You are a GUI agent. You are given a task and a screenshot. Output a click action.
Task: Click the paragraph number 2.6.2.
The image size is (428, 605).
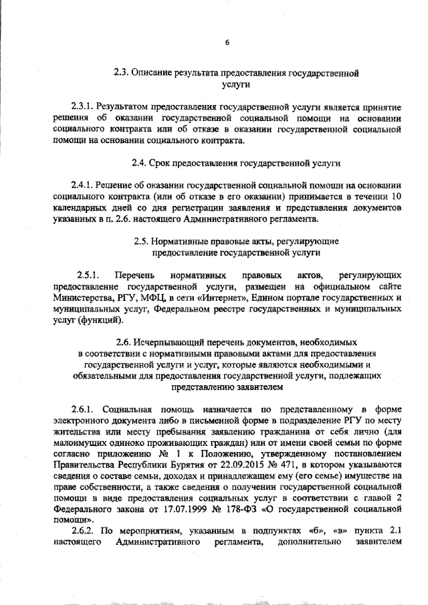[82, 531]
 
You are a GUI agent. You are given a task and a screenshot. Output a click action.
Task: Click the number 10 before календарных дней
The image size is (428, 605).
[395, 196]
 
